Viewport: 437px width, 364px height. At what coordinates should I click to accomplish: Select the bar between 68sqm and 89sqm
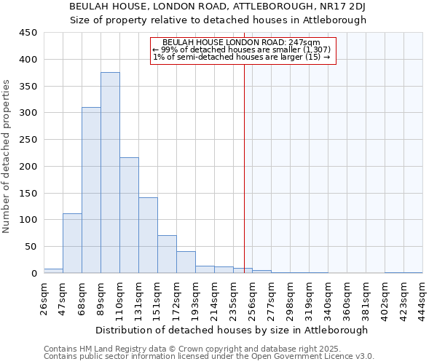[91, 190]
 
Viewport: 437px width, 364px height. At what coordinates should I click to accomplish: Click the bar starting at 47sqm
[72, 243]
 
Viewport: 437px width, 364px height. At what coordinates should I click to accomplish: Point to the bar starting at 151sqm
[167, 254]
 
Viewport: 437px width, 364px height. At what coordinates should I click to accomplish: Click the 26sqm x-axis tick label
[44, 297]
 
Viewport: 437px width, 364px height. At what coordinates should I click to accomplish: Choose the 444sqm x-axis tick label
[422, 297]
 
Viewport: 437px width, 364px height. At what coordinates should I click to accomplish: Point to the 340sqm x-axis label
[328, 297]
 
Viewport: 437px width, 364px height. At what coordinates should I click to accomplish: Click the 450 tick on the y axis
[28, 33]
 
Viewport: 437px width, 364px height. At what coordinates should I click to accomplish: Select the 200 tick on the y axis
[28, 166]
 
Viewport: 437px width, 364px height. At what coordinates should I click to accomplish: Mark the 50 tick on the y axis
[31, 247]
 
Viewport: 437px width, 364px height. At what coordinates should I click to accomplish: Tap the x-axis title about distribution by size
[232, 330]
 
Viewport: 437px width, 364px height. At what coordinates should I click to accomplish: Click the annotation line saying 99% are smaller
[242, 50]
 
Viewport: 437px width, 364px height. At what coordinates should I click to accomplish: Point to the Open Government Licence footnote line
[208, 356]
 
